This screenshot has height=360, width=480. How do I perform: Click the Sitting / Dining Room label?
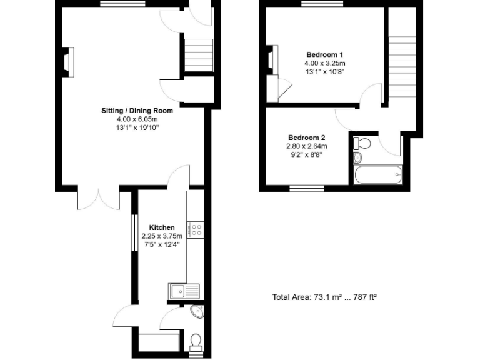click(137, 111)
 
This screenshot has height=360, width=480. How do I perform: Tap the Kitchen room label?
click(161, 227)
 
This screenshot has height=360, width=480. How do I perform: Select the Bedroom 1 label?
click(324, 54)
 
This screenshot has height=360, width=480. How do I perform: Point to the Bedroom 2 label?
click(306, 137)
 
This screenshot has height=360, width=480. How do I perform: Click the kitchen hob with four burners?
click(196, 230)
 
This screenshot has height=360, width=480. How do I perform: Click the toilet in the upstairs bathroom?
click(362, 144)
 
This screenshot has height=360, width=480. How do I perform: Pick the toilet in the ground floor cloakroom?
click(196, 341)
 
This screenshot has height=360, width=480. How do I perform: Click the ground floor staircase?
click(199, 55)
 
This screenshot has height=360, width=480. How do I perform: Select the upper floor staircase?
click(402, 64)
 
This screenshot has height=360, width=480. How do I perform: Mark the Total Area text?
click(324, 297)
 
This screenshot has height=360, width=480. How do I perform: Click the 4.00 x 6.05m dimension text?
click(137, 119)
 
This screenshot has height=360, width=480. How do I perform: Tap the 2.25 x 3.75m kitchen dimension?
click(161, 236)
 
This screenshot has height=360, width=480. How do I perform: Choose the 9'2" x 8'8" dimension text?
click(306, 155)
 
